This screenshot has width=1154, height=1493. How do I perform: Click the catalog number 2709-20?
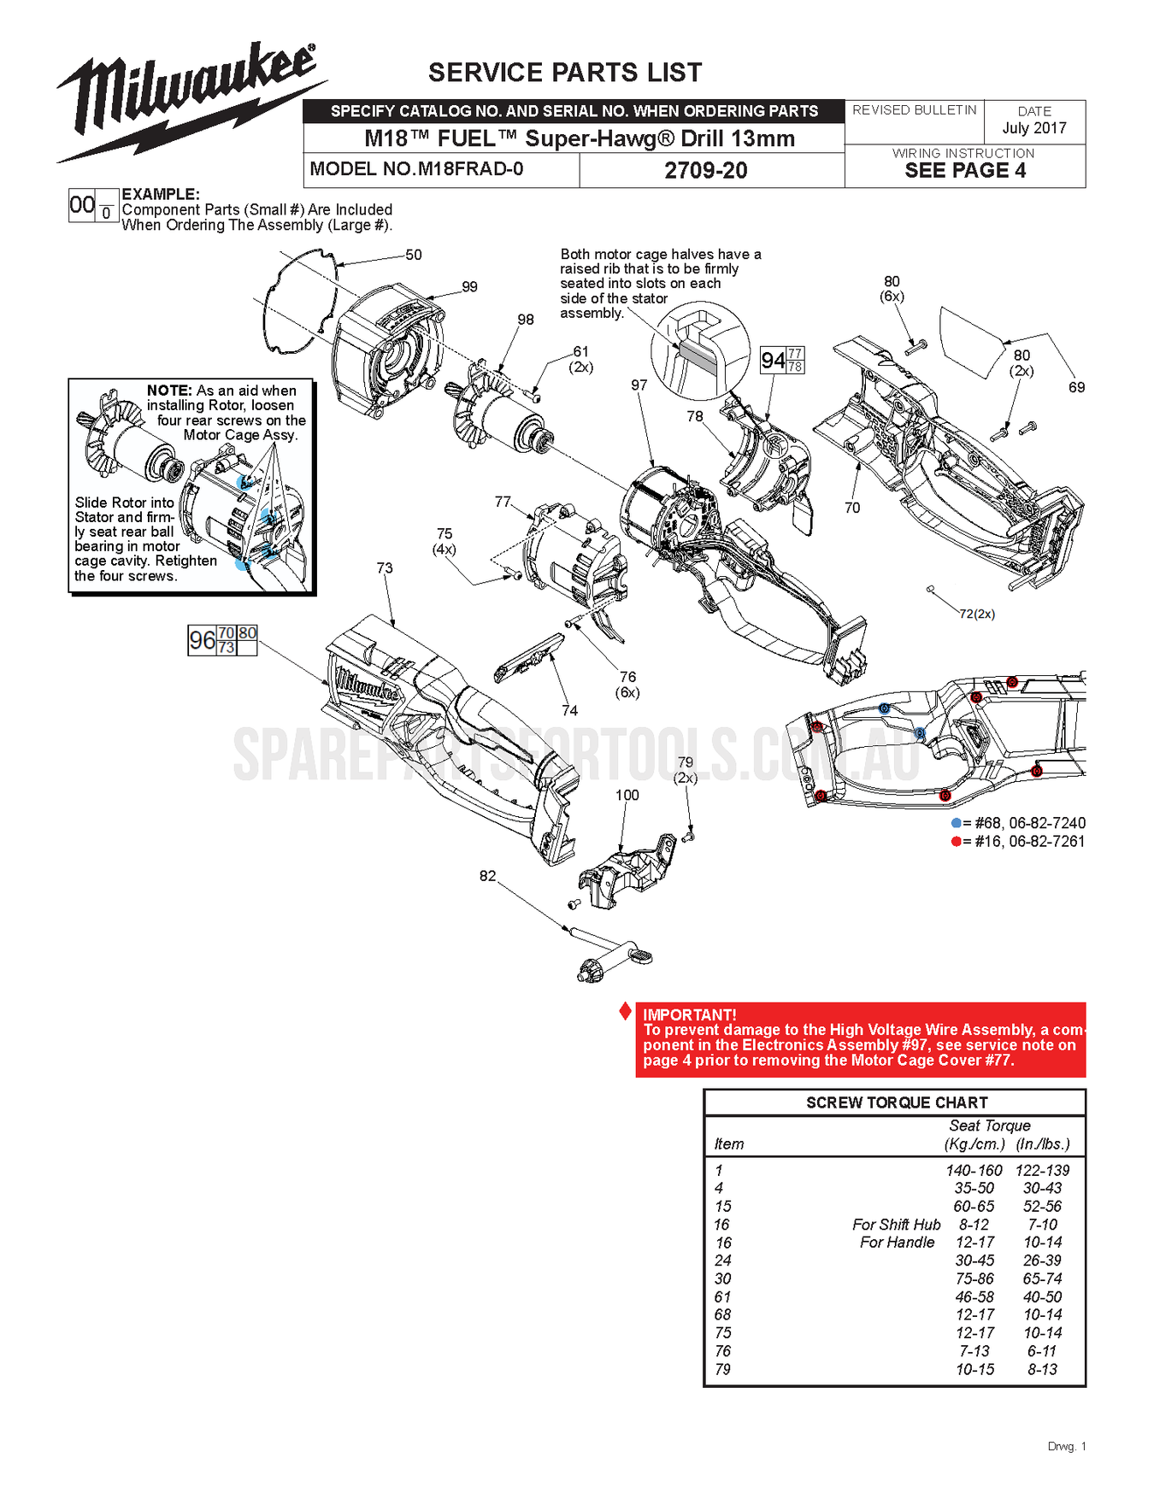click(x=706, y=170)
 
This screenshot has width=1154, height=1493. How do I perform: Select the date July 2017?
click(x=1034, y=128)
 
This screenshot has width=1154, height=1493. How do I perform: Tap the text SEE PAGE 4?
click(x=965, y=170)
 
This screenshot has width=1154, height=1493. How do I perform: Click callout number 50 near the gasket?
click(x=414, y=255)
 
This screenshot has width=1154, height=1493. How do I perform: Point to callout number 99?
click(x=469, y=286)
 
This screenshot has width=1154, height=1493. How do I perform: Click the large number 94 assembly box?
click(x=774, y=361)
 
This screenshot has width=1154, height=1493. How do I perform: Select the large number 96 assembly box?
click(x=203, y=640)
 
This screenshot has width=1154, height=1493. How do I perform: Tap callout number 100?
click(x=627, y=795)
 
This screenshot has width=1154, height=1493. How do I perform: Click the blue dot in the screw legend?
click(x=956, y=823)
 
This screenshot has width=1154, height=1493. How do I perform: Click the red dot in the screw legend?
click(x=956, y=842)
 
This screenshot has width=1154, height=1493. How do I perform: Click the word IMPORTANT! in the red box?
click(x=689, y=1014)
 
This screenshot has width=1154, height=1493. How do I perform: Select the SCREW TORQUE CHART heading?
click(x=897, y=1102)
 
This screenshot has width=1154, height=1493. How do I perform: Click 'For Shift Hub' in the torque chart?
click(x=896, y=1225)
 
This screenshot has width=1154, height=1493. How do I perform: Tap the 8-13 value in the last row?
click(x=1042, y=1369)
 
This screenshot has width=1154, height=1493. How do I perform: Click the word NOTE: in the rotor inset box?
click(x=169, y=391)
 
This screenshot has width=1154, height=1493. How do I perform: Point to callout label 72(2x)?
click(x=976, y=614)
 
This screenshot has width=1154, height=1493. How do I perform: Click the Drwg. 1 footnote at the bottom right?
click(x=1066, y=1446)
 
